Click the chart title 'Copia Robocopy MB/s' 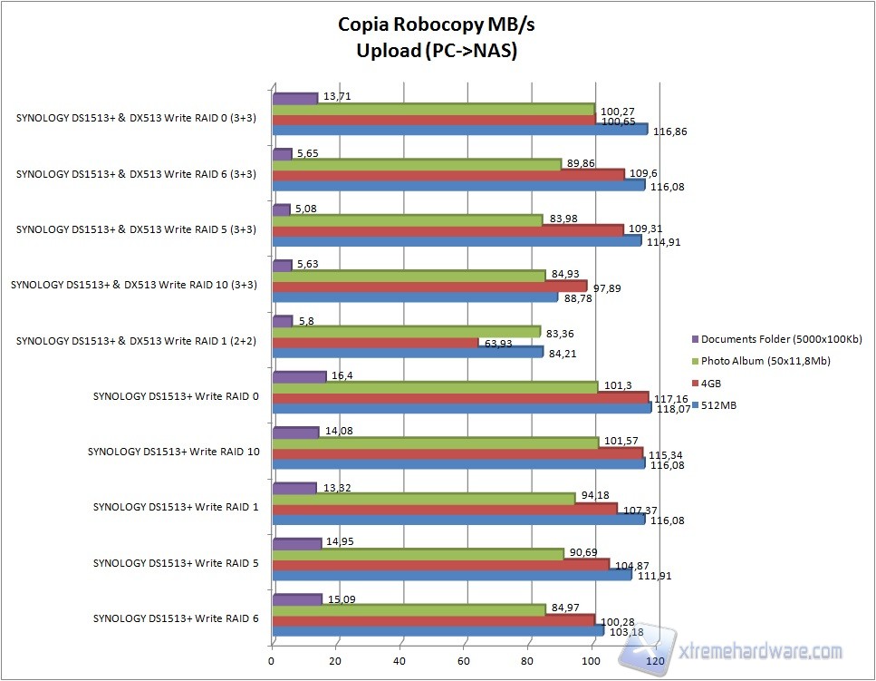[x=438, y=24]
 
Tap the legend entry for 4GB [x=711, y=383]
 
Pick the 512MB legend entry [x=717, y=405]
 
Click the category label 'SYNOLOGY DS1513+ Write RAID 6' [x=175, y=618]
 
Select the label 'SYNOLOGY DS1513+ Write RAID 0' [x=175, y=396]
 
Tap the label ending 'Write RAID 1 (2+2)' [x=137, y=341]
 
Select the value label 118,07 [x=672, y=409]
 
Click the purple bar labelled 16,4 [x=298, y=376]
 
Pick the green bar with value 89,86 [x=417, y=164]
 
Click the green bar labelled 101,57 [x=435, y=443]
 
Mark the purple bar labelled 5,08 [x=281, y=209]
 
